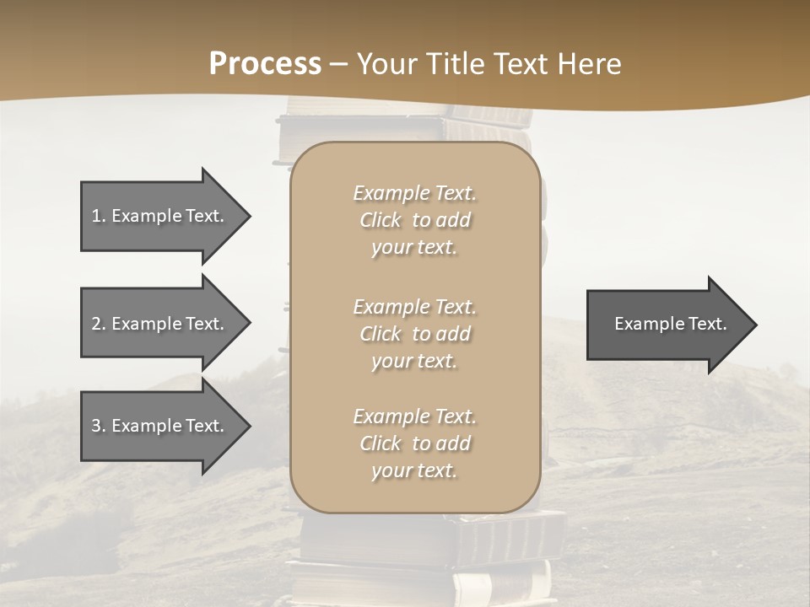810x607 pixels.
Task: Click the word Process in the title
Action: pyautogui.click(x=265, y=64)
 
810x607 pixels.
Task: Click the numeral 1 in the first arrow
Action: pyautogui.click(x=96, y=216)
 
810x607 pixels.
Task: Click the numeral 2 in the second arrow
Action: pyautogui.click(x=96, y=324)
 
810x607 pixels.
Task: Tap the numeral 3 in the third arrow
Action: pyautogui.click(x=96, y=427)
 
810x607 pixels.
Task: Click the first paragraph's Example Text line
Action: pyautogui.click(x=414, y=193)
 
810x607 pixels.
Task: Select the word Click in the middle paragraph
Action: pyautogui.click(x=381, y=334)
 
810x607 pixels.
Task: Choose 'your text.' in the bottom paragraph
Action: pyautogui.click(x=414, y=470)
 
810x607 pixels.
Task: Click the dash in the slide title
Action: pyautogui.click(x=338, y=64)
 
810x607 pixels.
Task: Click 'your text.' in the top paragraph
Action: pyautogui.click(x=414, y=247)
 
